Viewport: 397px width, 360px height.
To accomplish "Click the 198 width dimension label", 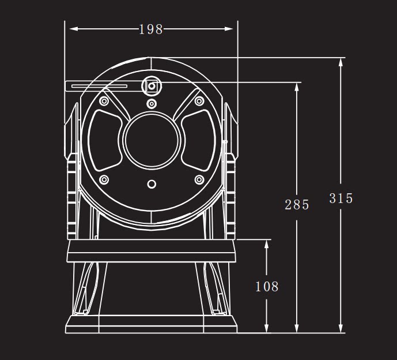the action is click(151, 29).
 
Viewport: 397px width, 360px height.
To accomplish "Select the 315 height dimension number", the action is click(341, 198).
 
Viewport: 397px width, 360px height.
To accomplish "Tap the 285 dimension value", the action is click(297, 205).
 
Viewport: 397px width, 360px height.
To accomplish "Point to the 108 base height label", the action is click(267, 287).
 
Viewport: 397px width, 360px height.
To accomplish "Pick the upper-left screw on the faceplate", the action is click(104, 101).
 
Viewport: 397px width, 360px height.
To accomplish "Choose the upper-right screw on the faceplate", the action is click(199, 101).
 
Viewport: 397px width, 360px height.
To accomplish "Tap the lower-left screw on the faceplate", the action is click(104, 180).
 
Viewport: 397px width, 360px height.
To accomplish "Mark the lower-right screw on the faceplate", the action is click(199, 180).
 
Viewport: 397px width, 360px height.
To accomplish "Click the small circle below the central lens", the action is click(152, 184).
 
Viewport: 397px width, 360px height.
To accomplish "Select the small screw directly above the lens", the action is click(152, 104).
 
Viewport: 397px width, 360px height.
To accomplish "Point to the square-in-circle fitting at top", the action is click(152, 86).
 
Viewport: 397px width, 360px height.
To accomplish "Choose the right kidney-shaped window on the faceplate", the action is click(198, 140).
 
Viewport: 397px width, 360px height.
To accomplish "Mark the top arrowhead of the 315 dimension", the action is click(341, 62).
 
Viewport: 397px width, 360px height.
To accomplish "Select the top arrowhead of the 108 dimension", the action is click(266, 244).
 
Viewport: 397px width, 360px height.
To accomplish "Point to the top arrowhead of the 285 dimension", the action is click(297, 87).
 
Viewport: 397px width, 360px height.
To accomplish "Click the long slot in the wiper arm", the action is click(99, 86).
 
